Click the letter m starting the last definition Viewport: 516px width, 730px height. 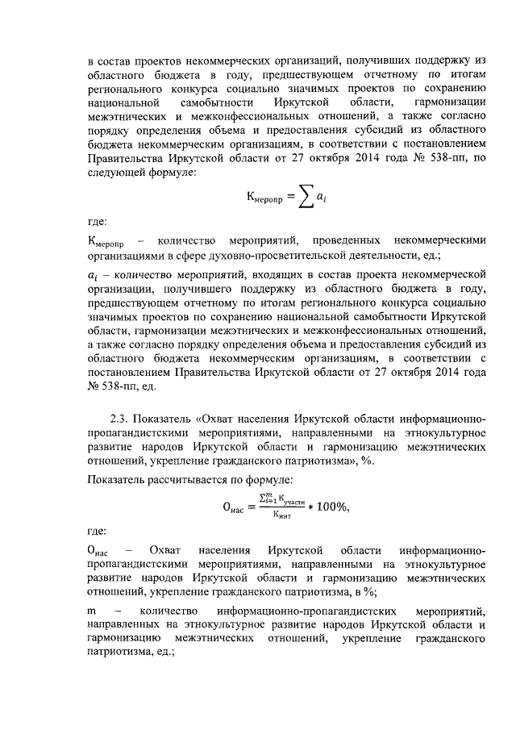(93, 612)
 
